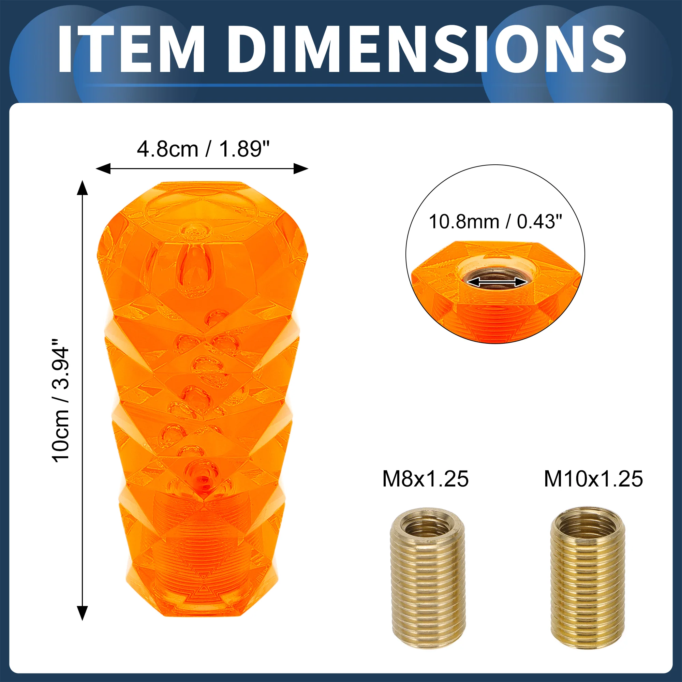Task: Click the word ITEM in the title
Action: [131, 49]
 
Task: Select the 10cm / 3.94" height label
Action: [60, 400]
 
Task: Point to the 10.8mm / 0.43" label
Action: [495, 222]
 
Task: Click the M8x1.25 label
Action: [425, 479]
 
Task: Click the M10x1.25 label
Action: [593, 479]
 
